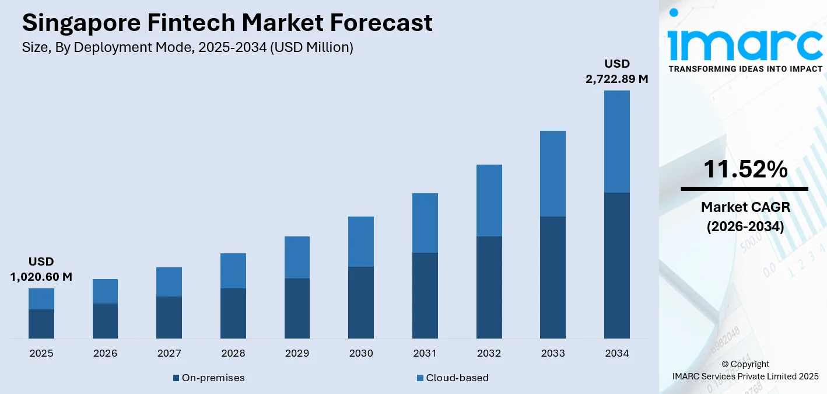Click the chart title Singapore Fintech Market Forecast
(x=227, y=23)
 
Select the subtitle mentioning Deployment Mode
(x=187, y=48)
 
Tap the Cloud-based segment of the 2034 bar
(x=616, y=141)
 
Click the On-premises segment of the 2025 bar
(x=41, y=323)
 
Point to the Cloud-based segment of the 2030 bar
(x=361, y=242)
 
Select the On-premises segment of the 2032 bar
(x=489, y=287)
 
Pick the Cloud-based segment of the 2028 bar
(x=233, y=271)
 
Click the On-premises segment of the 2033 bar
(x=553, y=277)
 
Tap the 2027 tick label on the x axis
(x=169, y=354)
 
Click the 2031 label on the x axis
(x=425, y=354)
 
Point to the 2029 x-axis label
(x=297, y=354)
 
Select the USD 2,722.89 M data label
(x=616, y=71)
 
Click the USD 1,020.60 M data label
(x=41, y=269)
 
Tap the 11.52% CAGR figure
(x=745, y=169)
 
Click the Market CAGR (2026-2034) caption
(x=745, y=217)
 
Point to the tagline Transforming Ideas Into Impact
(x=745, y=69)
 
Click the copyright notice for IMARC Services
(x=745, y=370)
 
